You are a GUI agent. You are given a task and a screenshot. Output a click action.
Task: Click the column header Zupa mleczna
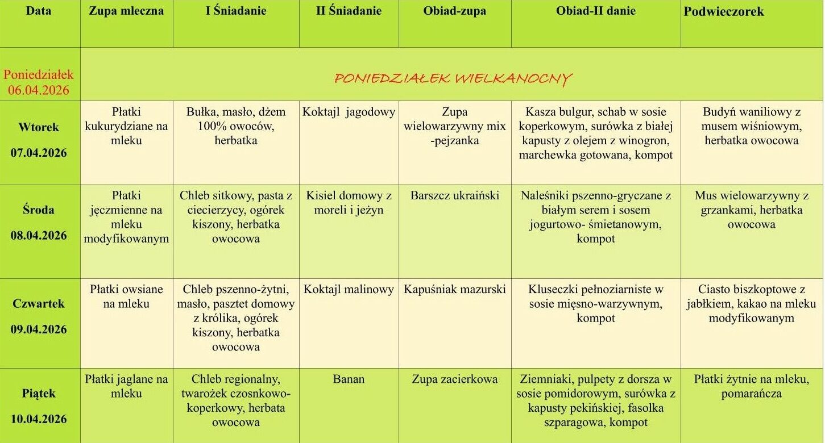[x=126, y=11]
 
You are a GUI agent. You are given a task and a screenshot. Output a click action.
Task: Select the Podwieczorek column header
[x=724, y=12]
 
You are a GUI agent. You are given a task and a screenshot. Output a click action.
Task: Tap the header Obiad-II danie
[x=595, y=11]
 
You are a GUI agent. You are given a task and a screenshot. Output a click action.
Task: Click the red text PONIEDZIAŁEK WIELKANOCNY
[x=453, y=78]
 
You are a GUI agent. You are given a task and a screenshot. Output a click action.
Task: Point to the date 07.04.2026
[x=39, y=153]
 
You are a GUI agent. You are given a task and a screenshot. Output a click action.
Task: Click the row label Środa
[x=39, y=210]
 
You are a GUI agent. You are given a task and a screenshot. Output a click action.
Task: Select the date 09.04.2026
[x=39, y=329]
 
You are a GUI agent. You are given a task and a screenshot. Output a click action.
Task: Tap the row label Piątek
[x=39, y=393]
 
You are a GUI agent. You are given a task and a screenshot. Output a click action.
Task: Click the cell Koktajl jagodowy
[x=349, y=112]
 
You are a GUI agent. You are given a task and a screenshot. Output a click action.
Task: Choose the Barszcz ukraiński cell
[x=455, y=196]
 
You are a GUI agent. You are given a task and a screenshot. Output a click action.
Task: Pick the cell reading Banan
[x=349, y=379]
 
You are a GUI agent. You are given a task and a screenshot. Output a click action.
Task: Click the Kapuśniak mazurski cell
[x=455, y=289]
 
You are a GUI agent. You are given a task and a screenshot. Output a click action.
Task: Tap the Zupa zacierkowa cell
[x=455, y=379]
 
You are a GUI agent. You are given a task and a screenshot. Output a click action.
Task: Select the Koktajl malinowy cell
[x=349, y=289]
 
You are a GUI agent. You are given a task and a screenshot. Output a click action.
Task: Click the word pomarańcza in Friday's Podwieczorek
[x=752, y=394]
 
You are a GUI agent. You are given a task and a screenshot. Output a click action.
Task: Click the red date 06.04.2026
[x=39, y=90]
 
